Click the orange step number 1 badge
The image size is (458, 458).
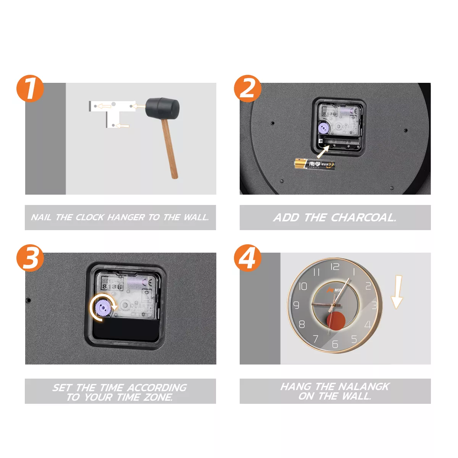(30, 89)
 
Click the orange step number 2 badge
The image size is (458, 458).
(248, 89)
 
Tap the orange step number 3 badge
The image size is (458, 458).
(30, 258)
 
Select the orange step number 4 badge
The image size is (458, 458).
(248, 258)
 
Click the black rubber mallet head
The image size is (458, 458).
(162, 108)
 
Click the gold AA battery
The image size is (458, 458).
(314, 164)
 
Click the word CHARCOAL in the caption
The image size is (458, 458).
(363, 218)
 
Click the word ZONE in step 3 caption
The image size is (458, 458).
(158, 397)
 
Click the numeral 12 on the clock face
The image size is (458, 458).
(335, 267)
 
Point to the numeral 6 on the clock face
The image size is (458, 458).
(335, 344)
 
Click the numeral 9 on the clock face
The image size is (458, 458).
(296, 305)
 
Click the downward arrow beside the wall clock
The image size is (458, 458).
(397, 292)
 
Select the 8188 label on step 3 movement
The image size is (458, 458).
(112, 286)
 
